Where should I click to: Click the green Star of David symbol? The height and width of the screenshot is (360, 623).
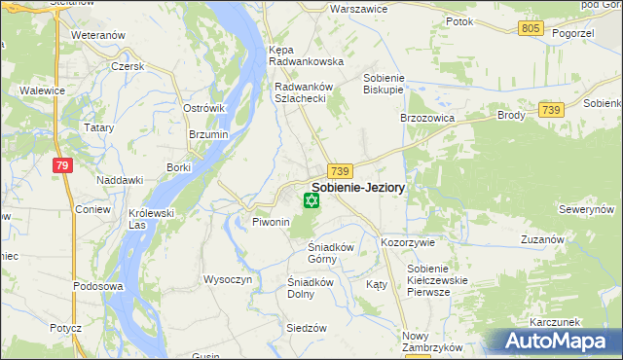tap(311, 201)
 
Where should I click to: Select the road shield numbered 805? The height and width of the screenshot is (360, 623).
tap(530, 28)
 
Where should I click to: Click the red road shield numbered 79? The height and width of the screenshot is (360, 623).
tap(62, 165)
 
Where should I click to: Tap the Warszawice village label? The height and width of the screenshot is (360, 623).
tap(332, 8)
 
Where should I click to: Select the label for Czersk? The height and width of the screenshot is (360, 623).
tap(128, 66)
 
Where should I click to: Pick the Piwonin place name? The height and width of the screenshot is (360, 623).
tap(272, 222)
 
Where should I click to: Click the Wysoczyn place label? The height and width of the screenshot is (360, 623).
tap(228, 279)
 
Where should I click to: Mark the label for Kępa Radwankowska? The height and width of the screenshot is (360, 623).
tap(306, 54)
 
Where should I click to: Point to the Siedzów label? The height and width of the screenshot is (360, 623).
tap(306, 328)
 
